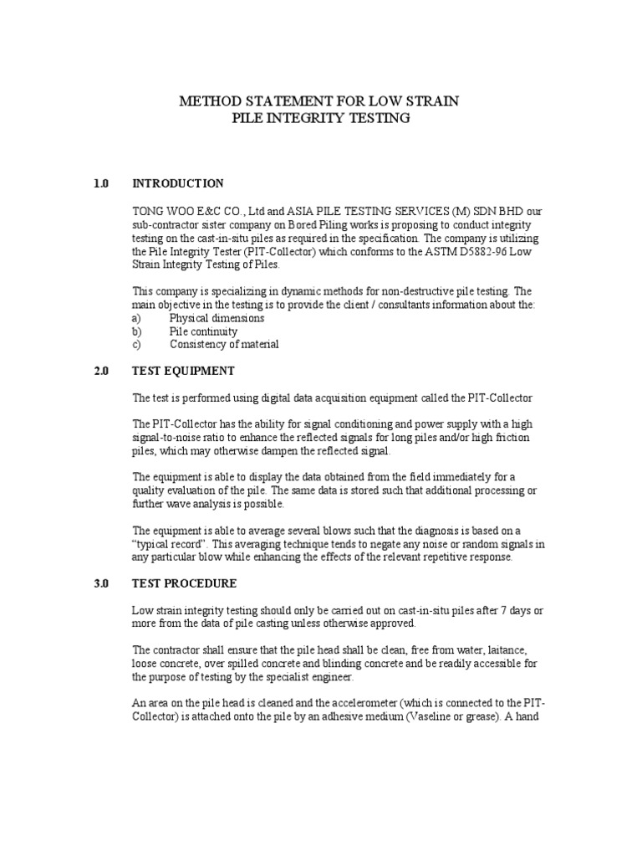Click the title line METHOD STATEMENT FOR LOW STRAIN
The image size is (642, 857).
(x=320, y=101)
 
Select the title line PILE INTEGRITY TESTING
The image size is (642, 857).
(x=320, y=119)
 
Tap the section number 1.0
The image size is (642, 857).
(x=101, y=183)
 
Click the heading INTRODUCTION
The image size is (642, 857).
(x=178, y=183)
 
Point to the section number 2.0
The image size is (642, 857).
(x=101, y=371)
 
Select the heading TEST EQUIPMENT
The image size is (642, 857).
(x=183, y=371)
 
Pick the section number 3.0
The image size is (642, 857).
(x=101, y=583)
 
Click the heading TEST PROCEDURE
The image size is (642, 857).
(x=185, y=583)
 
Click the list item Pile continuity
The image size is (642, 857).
(x=203, y=331)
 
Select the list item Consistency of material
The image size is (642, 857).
(x=224, y=345)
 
